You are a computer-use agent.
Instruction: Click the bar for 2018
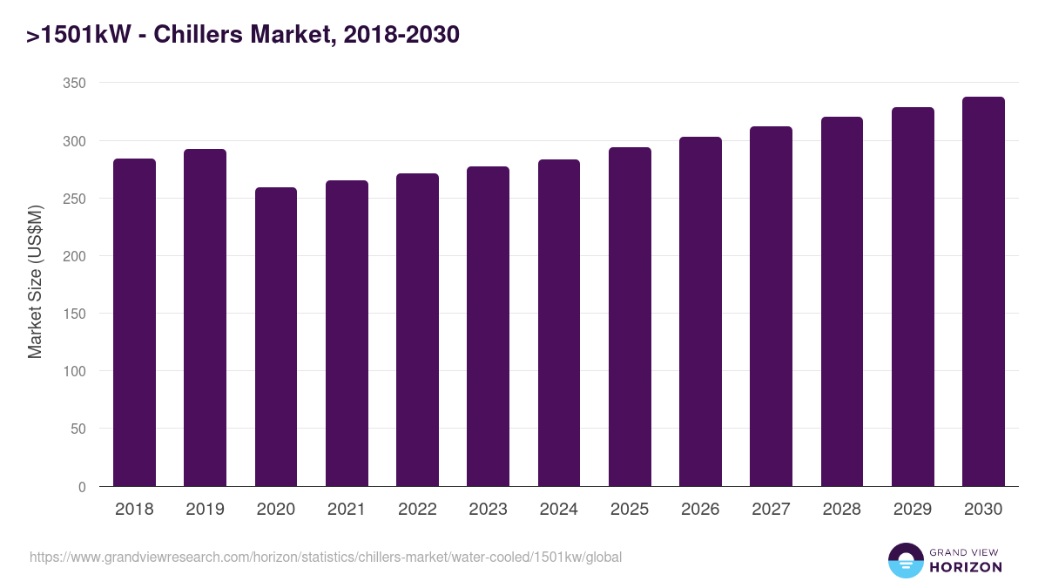click(134, 322)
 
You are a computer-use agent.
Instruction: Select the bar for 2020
click(276, 336)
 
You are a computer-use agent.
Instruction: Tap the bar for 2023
click(488, 326)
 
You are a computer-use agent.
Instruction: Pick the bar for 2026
click(700, 311)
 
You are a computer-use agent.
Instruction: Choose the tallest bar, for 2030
click(983, 291)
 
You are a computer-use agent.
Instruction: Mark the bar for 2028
click(841, 301)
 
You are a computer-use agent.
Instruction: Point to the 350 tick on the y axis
click(75, 83)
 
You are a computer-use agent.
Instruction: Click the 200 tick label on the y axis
click(75, 256)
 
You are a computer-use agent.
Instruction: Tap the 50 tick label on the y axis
click(78, 429)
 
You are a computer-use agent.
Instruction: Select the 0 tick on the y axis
click(82, 487)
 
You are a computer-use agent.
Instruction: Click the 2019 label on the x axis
click(205, 510)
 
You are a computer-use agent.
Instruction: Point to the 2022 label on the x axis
click(417, 510)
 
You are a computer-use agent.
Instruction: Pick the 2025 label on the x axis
click(630, 510)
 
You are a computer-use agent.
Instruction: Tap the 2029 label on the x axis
click(913, 510)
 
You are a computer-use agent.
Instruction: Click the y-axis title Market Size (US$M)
click(35, 283)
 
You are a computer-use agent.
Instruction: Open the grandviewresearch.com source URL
click(326, 557)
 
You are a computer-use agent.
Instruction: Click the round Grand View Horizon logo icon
click(905, 561)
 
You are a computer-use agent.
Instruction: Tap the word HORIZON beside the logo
click(967, 567)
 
